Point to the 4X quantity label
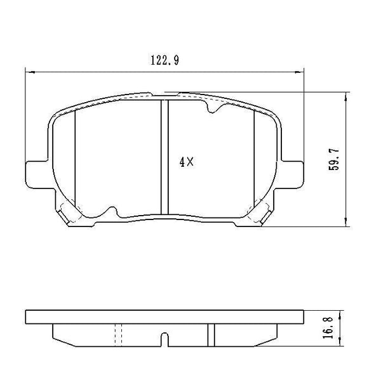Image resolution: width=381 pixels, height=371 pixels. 185,162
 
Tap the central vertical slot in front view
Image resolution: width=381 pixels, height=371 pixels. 164,159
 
